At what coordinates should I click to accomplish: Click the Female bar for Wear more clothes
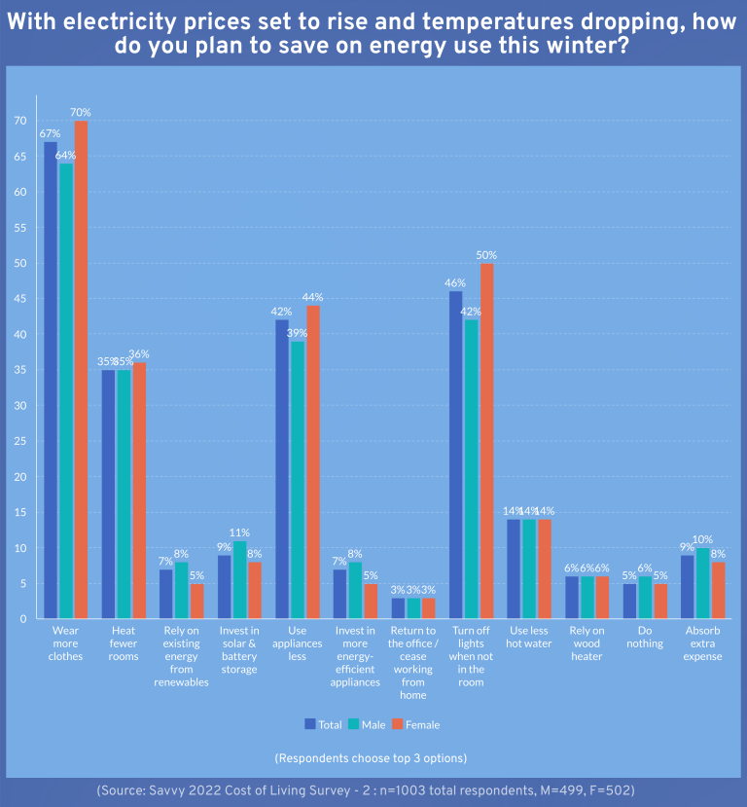pos(81,370)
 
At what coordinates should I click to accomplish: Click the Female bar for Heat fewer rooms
pos(139,491)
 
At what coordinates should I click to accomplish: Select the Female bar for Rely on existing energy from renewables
pos(196,601)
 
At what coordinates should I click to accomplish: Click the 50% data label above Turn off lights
pos(487,255)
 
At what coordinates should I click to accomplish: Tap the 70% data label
pos(82,112)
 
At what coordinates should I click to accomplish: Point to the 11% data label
pos(239,532)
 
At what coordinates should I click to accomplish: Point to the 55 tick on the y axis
pos(19,228)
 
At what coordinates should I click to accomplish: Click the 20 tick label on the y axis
pos(19,477)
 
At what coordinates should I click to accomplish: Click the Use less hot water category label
pos(529,638)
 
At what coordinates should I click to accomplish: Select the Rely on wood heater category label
pos(587,643)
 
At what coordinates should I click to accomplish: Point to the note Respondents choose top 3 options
pos(371,758)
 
